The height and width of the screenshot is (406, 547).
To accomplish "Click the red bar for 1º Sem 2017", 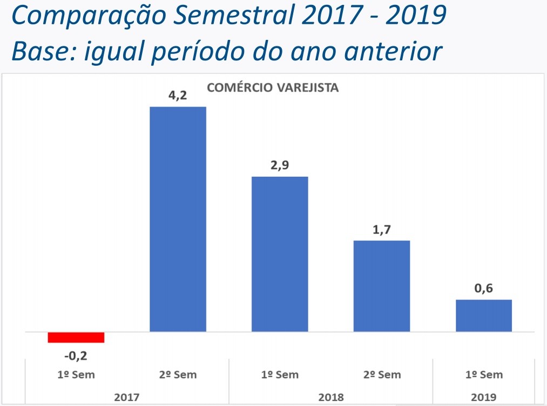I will pyautogui.click(x=76, y=337).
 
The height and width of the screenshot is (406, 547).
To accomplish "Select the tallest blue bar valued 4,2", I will pyautogui.click(x=178, y=219).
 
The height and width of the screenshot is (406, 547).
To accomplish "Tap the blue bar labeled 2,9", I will pyautogui.click(x=280, y=254).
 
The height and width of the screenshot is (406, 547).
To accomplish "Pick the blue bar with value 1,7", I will pyautogui.click(x=381, y=286).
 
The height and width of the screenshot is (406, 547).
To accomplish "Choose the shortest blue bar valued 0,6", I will pyautogui.click(x=483, y=315).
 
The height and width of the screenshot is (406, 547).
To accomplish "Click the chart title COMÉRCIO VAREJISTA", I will pyautogui.click(x=273, y=88).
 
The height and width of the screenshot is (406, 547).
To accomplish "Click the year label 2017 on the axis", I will pyautogui.click(x=127, y=397).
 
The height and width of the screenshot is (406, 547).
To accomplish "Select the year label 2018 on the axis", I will pyautogui.click(x=330, y=397).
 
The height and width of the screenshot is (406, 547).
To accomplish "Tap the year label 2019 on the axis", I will pyautogui.click(x=483, y=397).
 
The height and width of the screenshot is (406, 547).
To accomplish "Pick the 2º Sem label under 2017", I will pyautogui.click(x=178, y=375).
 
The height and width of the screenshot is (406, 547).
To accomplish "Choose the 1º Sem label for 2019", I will pyautogui.click(x=483, y=375).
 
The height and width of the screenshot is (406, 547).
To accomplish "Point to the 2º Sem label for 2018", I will pyautogui.click(x=381, y=375).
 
